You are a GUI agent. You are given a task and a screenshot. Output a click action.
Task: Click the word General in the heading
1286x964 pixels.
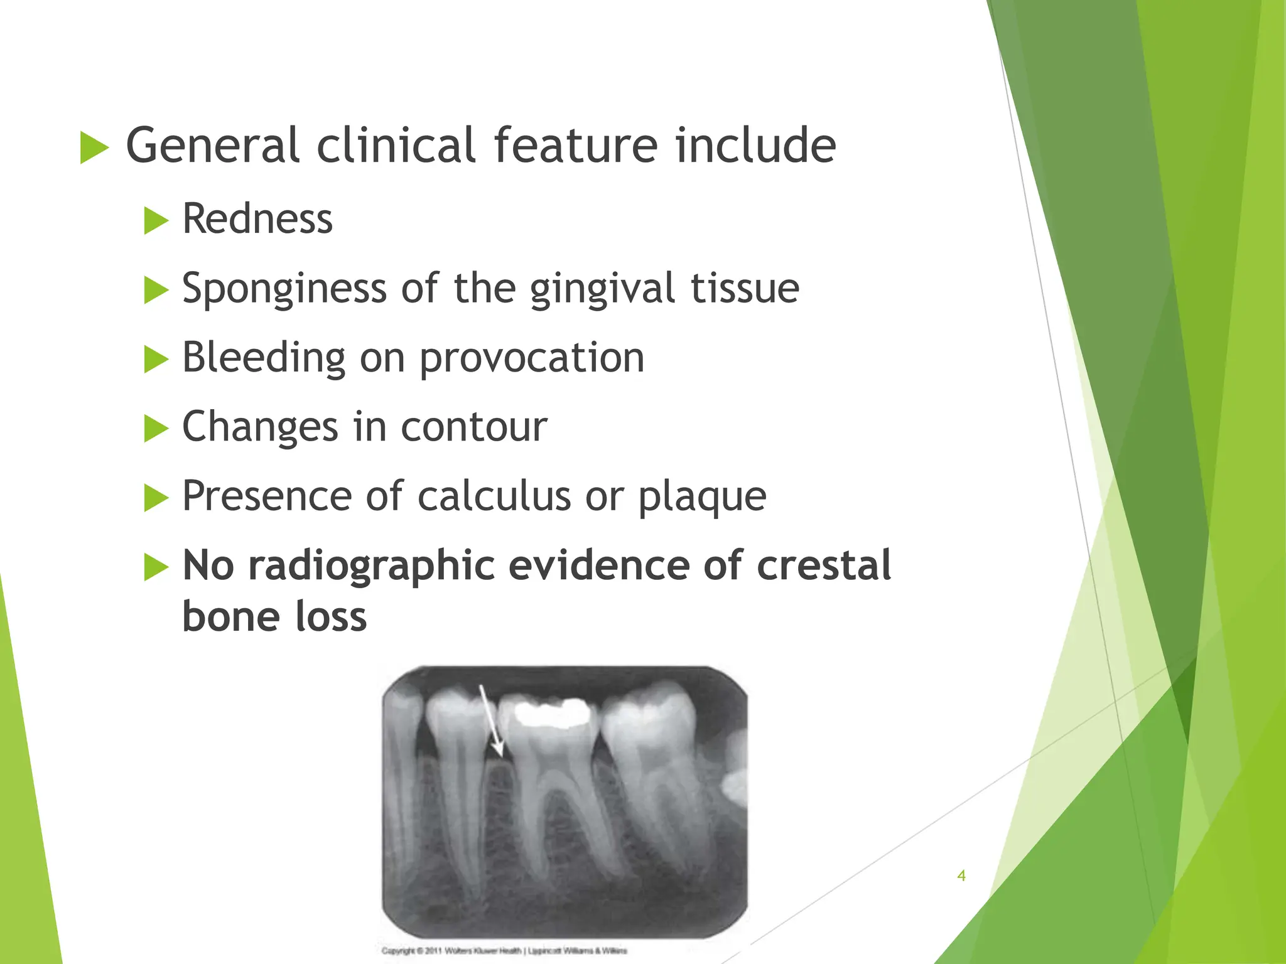(212, 146)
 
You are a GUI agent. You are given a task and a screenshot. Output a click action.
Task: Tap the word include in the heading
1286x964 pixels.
(755, 146)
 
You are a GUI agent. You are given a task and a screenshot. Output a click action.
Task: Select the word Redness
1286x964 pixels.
(257, 219)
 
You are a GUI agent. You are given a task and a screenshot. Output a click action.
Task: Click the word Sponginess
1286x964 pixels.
(284, 289)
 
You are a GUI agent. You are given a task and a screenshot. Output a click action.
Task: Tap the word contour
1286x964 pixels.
(474, 427)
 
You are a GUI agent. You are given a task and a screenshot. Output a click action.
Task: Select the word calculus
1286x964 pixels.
(494, 496)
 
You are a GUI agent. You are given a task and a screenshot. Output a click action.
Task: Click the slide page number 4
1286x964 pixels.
(961, 876)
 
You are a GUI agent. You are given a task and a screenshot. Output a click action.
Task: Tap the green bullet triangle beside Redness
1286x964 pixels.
(156, 221)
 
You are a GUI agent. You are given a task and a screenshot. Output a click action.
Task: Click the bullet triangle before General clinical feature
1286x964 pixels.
(94, 148)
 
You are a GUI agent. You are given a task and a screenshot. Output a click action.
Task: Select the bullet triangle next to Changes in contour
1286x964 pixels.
(156, 429)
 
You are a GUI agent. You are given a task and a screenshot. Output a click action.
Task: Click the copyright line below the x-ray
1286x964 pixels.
(504, 951)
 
